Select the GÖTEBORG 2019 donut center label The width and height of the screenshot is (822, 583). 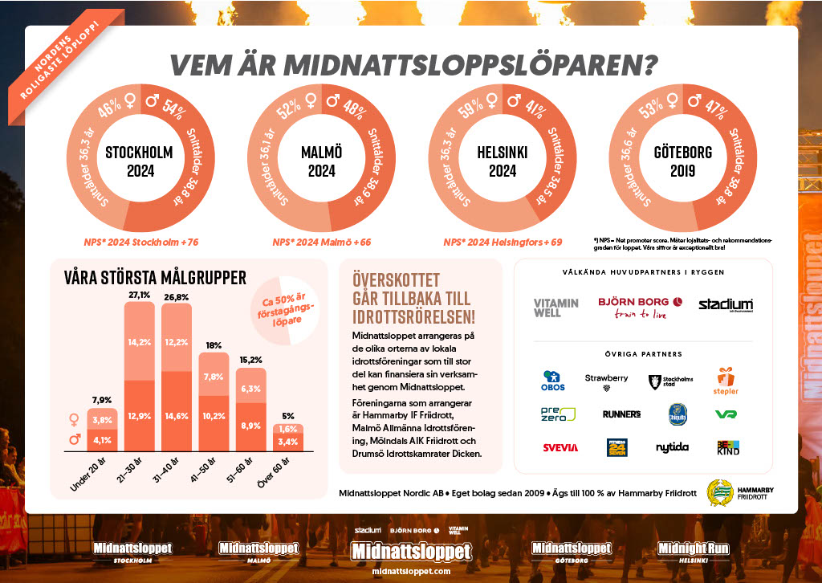tap(682, 161)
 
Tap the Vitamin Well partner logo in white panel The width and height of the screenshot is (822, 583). tap(555, 307)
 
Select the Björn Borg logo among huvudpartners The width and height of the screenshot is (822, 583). tap(640, 307)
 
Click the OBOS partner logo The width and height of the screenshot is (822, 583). tap(552, 381)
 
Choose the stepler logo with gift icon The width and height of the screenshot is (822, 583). tap(726, 381)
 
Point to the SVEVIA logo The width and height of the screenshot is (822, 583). tap(560, 447)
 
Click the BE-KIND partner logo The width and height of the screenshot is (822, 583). tap(727, 446)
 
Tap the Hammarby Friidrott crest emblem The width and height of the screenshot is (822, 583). tap(718, 491)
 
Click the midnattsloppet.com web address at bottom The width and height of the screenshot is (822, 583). tap(411, 571)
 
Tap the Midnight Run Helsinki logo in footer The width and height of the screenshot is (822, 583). tap(693, 551)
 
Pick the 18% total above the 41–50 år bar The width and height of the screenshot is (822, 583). tap(214, 346)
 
